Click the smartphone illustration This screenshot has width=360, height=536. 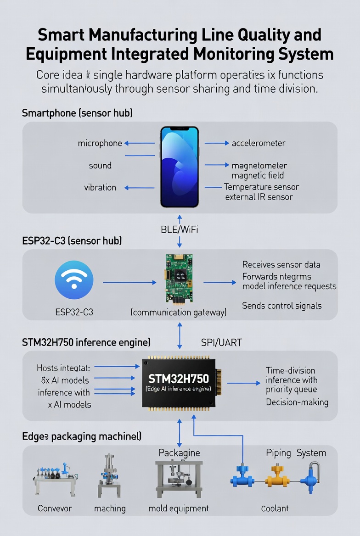pos(180,167)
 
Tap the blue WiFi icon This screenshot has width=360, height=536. pos(74,280)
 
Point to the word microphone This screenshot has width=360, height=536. pos(100,143)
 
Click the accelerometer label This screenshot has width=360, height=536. pos(259,143)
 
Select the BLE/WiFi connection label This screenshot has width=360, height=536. pos(180,230)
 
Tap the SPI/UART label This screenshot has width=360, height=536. pos(221,342)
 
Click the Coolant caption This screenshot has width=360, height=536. pos(275,508)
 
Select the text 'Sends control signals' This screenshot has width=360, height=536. pos(282,306)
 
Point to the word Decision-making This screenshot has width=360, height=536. pos(297,402)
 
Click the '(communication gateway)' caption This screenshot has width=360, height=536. pos(179,313)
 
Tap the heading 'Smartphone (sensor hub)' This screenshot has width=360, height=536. pos(77,113)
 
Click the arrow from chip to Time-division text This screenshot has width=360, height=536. pos(243,383)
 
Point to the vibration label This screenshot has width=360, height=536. pos(100,187)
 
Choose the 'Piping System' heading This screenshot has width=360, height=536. pos(296,453)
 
